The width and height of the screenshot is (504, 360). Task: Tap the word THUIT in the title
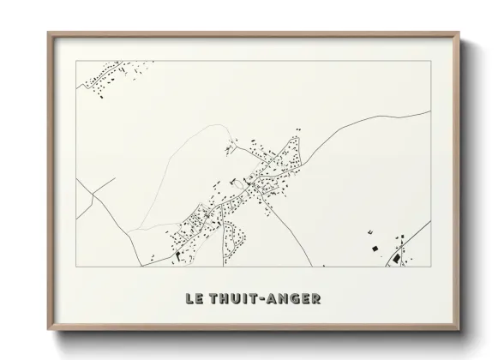pos(232,299)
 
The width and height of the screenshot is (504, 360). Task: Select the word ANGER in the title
pos(295,299)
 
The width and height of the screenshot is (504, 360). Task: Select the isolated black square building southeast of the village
pos(374,248)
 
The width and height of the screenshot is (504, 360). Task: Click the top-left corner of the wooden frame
pos(49,33)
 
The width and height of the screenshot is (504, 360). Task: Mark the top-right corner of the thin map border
pos(431,61)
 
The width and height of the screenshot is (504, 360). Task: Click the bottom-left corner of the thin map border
pos(76,267)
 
